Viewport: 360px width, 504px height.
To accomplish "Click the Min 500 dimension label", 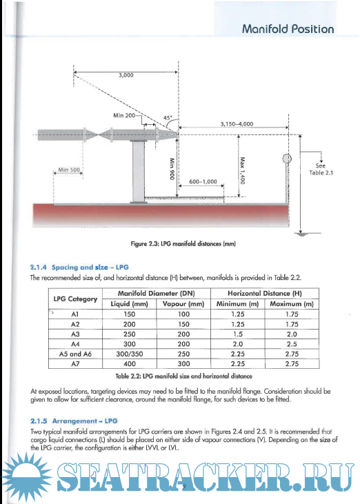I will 70,170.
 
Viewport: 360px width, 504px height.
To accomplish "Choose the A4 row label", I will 76,343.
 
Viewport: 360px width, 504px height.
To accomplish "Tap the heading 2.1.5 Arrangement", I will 75,419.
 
